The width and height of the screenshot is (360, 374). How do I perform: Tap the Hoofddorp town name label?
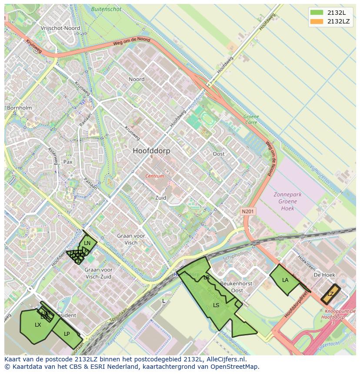pos(151,151)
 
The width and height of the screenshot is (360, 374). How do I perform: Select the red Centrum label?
pos(155,176)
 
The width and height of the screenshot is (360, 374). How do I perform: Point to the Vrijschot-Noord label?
pos(60,28)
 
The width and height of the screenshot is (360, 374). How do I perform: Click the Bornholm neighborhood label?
pos(19,108)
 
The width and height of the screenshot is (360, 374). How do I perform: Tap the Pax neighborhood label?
pos(68,162)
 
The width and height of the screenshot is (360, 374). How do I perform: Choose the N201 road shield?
pos(248,212)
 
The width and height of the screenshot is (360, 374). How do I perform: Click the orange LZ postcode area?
pos(330,294)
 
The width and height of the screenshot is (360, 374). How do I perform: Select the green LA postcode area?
pos(285,280)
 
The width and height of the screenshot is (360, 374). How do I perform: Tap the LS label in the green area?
pos(216,305)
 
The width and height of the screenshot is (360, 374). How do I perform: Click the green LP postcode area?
pos(67,334)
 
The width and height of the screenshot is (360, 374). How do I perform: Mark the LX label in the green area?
pos(38,324)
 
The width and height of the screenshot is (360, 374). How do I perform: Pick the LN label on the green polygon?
pos(87,243)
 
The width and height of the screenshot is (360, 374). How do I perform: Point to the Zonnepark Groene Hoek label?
pos(287,202)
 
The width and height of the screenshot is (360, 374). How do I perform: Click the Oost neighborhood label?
pos(219,154)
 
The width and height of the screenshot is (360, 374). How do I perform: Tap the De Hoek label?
pos(324,275)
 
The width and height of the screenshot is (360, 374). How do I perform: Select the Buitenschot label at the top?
pos(107,8)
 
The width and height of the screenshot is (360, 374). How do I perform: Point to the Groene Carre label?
pos(251,119)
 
